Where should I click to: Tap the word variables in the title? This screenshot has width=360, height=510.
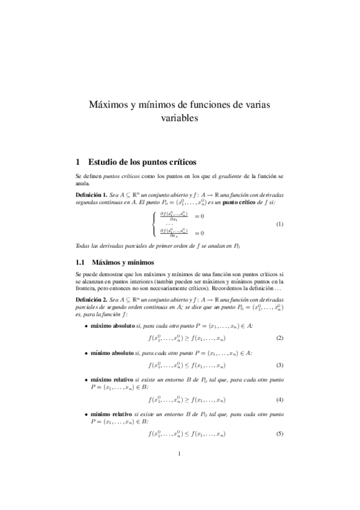point(179,119)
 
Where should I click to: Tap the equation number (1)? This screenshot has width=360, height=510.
point(279,224)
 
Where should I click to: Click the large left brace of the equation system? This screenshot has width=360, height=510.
point(155,224)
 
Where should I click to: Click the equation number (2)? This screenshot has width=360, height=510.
point(279,338)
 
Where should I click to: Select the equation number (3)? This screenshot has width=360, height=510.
point(279,365)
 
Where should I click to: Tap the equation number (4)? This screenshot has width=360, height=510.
point(279,399)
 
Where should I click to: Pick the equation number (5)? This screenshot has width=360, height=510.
point(279,434)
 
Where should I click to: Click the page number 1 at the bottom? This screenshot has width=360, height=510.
point(179,470)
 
